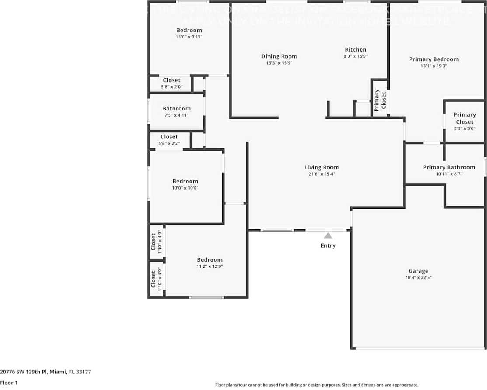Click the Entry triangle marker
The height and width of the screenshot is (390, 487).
[x=328, y=236]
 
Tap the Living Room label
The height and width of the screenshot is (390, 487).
[x=322, y=167]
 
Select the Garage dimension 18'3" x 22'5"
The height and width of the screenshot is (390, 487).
[x=418, y=277]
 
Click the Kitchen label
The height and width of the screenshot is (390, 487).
[x=356, y=49]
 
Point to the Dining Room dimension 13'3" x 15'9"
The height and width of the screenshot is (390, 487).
[x=279, y=63]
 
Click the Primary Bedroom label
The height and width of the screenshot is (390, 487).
[x=434, y=59]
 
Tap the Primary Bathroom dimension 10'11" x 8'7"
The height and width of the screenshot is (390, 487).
[x=449, y=174]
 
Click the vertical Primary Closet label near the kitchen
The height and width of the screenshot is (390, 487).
[x=379, y=100]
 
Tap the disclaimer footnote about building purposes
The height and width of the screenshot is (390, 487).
[x=317, y=385]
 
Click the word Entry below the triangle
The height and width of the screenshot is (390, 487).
[x=328, y=245]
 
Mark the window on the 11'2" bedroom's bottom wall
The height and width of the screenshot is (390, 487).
[x=206, y=297]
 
